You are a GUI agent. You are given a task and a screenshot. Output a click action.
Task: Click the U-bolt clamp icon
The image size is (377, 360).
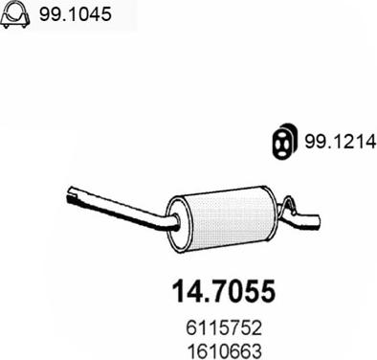point(15,15)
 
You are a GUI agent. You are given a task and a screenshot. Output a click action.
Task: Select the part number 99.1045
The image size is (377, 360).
point(76,14)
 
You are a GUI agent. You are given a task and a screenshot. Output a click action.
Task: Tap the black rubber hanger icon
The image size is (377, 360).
point(285,141)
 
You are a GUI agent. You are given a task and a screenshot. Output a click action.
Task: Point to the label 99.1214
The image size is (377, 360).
point(341,141)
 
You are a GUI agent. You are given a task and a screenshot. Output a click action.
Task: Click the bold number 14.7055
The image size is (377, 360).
point(224,291)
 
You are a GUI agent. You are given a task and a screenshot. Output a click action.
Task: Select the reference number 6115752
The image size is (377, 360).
point(224,327)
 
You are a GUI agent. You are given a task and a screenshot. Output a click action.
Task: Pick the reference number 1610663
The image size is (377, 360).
point(224,350)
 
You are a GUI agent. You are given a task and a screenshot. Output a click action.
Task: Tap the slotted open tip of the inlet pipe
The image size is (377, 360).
point(73,194)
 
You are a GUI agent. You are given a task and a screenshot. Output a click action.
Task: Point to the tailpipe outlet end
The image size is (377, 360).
point(315,221)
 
